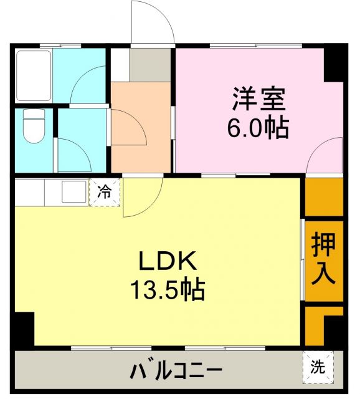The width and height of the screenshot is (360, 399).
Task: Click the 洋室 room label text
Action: (x=259, y=99)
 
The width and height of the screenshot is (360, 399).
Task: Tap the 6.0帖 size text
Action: (x=258, y=128)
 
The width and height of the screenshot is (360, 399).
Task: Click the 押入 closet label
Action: (x=324, y=259)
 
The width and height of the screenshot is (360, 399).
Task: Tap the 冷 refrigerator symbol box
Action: (x=105, y=192)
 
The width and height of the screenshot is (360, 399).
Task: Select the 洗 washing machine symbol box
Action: (x=318, y=367)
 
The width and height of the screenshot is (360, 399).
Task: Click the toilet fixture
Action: (x=32, y=130)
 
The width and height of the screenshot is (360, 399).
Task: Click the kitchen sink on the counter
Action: (x=74, y=192)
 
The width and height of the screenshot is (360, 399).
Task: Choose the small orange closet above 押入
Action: (x=324, y=197)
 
